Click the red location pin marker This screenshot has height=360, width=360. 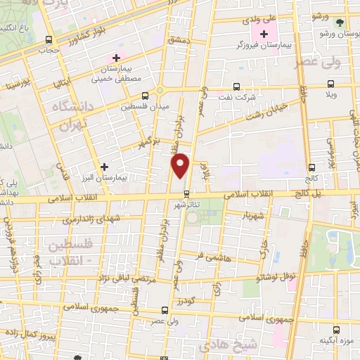click(x=181, y=165)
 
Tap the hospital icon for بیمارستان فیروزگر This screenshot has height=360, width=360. click(x=264, y=33)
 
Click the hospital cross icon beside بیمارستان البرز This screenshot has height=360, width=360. click(x=104, y=167)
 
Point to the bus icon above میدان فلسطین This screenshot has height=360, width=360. click(x=145, y=96)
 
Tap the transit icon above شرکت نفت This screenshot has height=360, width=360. click(x=236, y=87)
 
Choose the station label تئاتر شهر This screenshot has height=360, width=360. click(x=186, y=204)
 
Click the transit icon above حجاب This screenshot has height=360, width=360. click(x=48, y=40)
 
